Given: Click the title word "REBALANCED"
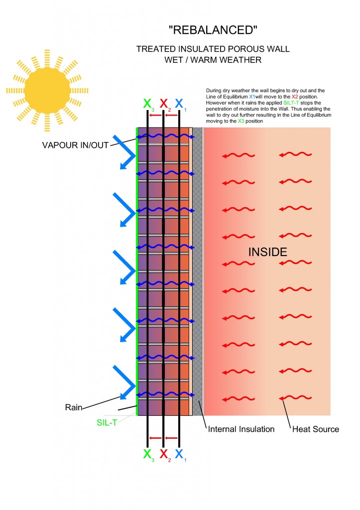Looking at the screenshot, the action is (213, 30).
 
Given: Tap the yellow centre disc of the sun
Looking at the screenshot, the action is (47, 91).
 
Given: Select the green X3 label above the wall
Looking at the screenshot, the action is (148, 104).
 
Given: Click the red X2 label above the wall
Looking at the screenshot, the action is (164, 104).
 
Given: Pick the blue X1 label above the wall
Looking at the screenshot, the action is (180, 104).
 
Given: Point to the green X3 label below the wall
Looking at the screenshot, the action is (148, 454).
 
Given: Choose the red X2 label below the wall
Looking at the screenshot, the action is (164, 454).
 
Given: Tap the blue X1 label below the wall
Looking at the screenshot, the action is (180, 454).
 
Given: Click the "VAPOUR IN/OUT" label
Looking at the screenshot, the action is (75, 145).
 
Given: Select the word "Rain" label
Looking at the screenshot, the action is (74, 407).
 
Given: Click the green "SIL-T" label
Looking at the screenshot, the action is (107, 422).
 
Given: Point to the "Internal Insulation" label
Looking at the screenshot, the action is (241, 429).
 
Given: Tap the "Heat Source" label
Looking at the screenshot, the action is (316, 429).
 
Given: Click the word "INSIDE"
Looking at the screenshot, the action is (268, 252).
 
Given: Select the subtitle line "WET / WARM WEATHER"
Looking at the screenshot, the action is (213, 60).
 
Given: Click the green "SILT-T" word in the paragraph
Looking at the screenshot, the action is (291, 103).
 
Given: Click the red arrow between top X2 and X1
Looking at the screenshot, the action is (171, 115).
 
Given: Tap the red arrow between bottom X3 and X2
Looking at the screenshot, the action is (155, 438).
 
